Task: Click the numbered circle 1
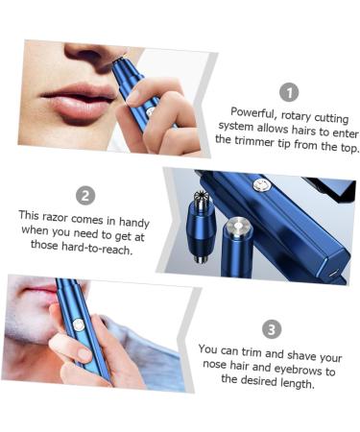(x=288, y=92)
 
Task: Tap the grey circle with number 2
(x=85, y=196)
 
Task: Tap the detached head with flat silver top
(x=236, y=230)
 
